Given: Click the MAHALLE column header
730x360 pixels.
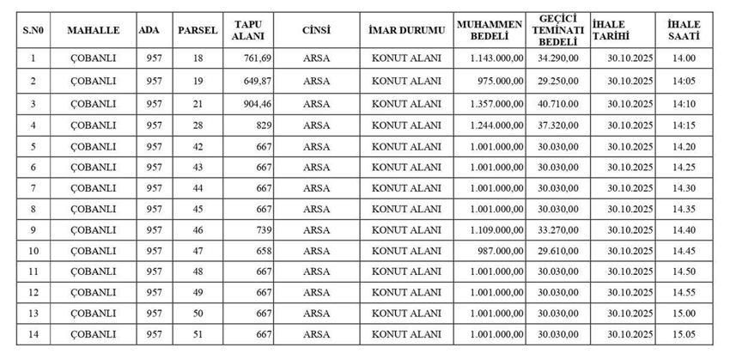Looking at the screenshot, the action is coord(93,30).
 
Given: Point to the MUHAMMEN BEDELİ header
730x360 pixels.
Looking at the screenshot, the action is coord(490,30).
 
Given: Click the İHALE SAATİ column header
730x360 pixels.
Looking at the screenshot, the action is coord(684,30).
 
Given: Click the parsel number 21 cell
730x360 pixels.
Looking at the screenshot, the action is coord(198,103).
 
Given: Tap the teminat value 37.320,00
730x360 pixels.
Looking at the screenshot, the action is coord(557,125).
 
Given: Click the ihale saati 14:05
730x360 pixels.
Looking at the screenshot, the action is coord(684,81).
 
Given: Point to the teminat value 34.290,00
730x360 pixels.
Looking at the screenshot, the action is coord(557,58).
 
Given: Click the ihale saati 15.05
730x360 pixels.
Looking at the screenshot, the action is coord(684,333).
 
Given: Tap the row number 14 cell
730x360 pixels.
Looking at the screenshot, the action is coord(33,333).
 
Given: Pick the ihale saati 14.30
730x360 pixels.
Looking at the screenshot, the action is coord(684,187).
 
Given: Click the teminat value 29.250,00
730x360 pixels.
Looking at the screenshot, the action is coord(557,81).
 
